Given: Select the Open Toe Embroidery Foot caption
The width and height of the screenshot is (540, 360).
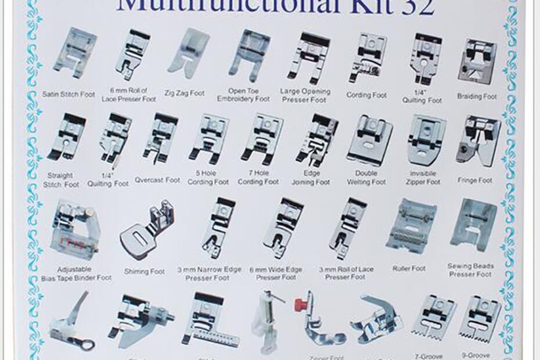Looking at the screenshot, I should (243, 95).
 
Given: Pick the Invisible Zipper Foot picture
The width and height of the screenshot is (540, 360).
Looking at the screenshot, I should (426, 139).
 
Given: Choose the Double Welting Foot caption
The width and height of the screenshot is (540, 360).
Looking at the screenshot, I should (366, 178).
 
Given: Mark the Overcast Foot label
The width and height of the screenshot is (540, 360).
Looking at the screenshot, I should (157, 180).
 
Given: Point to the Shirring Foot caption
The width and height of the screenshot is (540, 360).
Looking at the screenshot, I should (144, 271).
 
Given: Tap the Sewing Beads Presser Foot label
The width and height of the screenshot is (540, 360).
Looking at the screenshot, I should (471, 270).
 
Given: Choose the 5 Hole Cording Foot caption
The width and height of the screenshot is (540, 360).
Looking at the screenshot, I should (207, 178).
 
